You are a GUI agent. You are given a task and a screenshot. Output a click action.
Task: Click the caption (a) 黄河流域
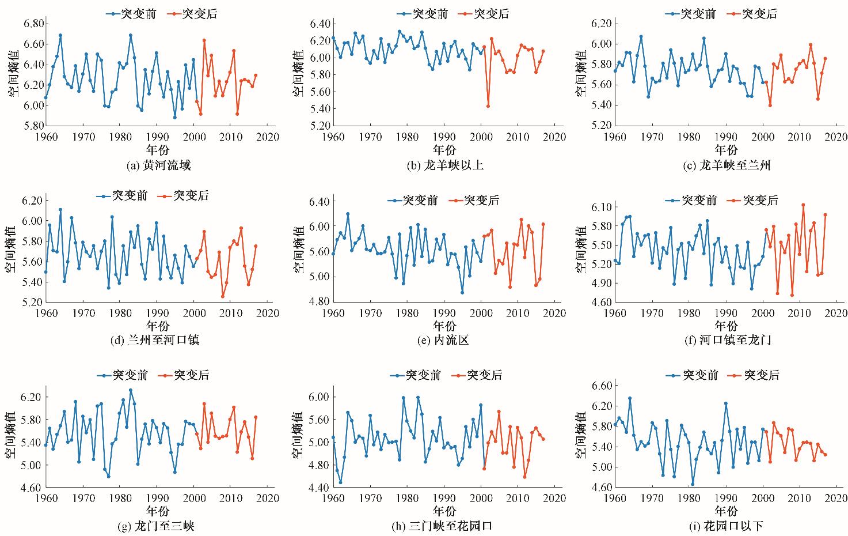[x=158, y=166]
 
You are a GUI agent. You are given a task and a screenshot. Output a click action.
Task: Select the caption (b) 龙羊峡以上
[x=444, y=166]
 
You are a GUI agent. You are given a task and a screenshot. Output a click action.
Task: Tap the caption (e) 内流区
[x=444, y=340]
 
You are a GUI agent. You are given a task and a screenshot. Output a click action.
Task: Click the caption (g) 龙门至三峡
[x=157, y=526]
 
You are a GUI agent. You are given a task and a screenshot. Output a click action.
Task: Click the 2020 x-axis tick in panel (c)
[x=836, y=137]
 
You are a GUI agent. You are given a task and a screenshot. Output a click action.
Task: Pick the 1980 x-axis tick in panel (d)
[x=120, y=314]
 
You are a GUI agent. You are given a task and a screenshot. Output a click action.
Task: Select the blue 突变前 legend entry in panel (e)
[x=413, y=201]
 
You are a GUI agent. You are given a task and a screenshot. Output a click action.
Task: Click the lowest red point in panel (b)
[x=488, y=106]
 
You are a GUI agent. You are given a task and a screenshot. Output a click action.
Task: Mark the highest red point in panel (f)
[x=803, y=205]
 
